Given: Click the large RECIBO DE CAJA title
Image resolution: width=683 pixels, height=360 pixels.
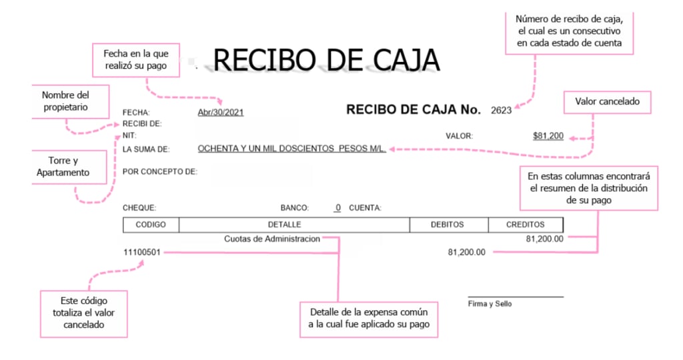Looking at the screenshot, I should tap(326, 61).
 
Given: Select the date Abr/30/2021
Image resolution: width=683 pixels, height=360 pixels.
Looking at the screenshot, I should tap(221, 112).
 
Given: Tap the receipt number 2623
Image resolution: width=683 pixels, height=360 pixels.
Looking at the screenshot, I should tap(501, 110).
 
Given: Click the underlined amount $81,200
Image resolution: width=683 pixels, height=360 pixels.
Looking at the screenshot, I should tap(548, 136).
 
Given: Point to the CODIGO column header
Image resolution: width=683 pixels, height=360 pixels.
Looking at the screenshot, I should tap(151, 225).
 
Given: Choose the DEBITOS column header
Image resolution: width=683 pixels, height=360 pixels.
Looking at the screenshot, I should tap(447, 225).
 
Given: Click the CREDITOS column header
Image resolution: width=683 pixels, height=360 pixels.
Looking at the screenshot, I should tap(525, 225).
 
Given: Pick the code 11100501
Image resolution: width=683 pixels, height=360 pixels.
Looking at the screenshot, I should tap(142, 252).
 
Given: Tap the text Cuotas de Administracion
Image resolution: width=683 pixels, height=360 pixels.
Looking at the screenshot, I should tap(272, 239).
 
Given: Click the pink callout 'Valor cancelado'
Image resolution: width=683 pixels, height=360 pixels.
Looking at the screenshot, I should tap(607, 102).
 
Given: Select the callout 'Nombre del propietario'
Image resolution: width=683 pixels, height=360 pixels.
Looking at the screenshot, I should tap(65, 101).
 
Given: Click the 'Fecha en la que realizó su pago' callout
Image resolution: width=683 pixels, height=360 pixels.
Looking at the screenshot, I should tap(135, 59).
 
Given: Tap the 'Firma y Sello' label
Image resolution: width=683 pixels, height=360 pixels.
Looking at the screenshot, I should tap(490, 304).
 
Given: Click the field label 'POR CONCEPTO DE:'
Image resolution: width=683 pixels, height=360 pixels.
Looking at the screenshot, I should tap(159, 171).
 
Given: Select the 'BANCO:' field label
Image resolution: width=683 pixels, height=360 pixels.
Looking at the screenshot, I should tap(294, 208).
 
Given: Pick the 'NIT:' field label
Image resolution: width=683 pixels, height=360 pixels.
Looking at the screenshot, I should tap(129, 136).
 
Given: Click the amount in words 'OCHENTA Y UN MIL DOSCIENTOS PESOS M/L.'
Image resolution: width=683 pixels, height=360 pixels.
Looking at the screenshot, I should tap(292, 149).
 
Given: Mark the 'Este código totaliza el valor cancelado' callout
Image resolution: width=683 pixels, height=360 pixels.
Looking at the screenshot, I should tap(83, 313).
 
